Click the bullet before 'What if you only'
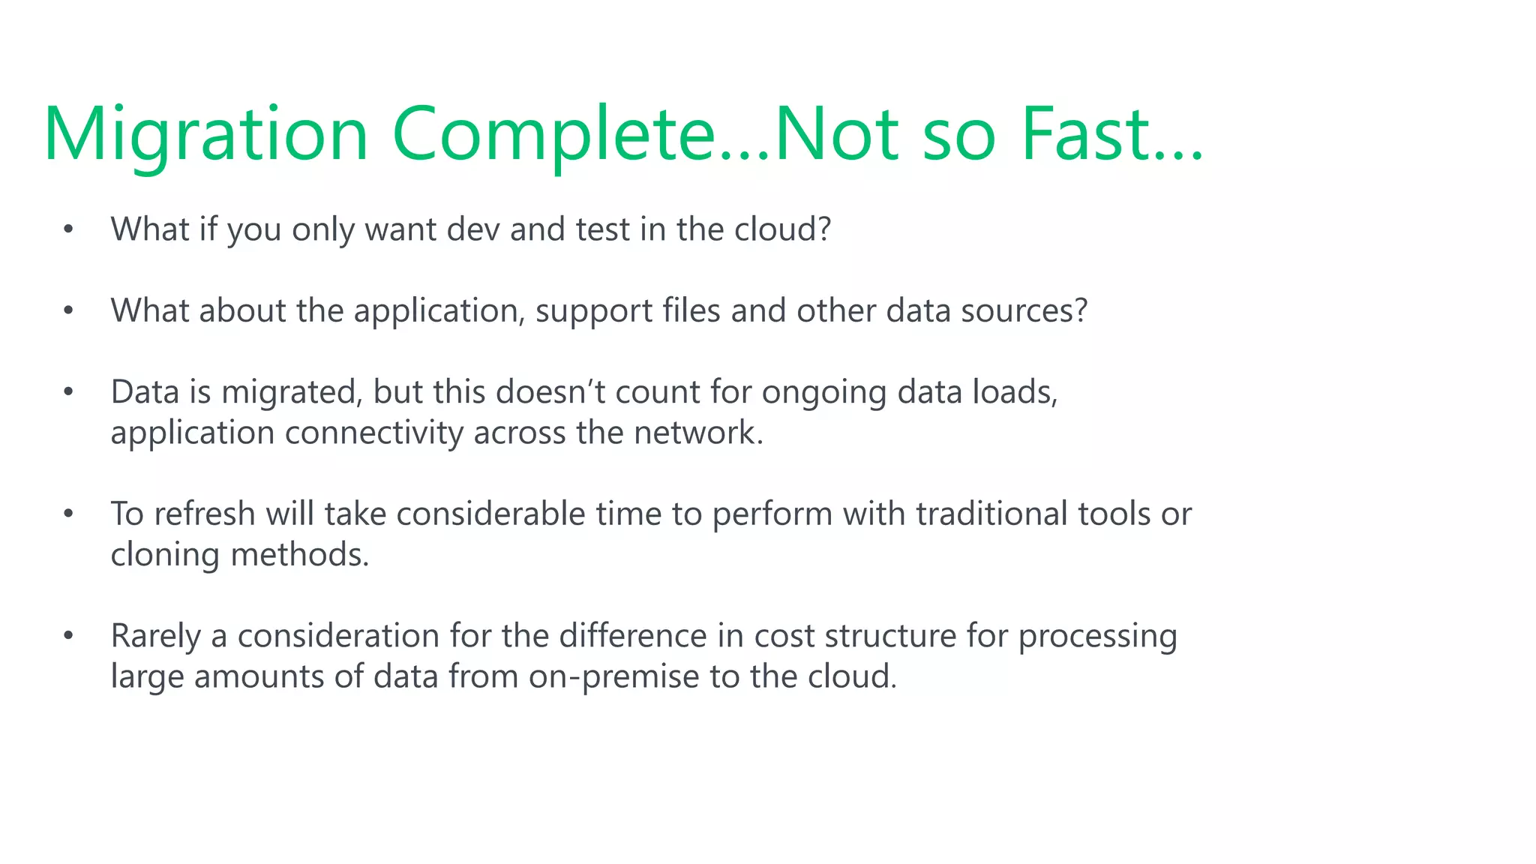point(68,229)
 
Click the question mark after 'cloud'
point(825,229)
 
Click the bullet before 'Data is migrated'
point(68,392)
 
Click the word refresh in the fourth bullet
point(205,514)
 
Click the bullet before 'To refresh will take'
point(68,514)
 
